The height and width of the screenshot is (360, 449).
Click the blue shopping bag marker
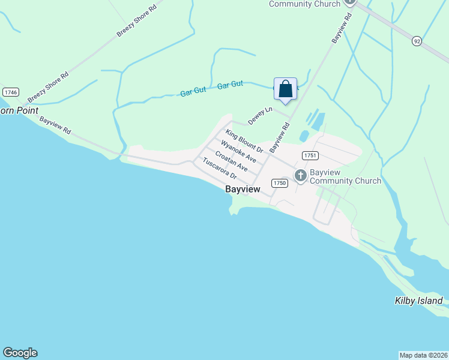pos(285,89)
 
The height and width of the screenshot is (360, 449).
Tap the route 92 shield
pos(417,41)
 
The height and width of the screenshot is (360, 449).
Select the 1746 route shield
pos(10,92)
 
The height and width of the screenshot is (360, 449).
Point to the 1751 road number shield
pos(310,155)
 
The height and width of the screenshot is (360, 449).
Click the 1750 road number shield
pos(279,182)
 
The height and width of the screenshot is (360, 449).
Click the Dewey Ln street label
pos(261,113)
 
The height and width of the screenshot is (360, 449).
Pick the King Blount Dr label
pos(244,140)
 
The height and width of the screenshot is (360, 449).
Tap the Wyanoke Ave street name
pos(238,152)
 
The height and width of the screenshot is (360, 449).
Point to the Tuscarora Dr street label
pos(220,170)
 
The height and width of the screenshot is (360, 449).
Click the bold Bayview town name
pos(243,189)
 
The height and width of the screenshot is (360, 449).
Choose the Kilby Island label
pos(418,301)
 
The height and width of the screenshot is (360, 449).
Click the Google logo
pos(20,353)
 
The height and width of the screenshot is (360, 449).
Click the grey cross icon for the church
pos(300,175)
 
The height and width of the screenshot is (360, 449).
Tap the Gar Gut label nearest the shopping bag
pos(230,85)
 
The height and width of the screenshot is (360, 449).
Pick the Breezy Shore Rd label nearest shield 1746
pos(49,87)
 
